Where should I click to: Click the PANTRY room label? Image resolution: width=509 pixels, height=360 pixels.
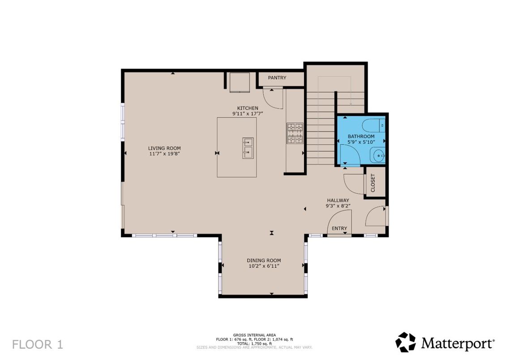(277, 78)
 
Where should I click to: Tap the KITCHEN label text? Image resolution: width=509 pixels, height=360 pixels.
(247, 108)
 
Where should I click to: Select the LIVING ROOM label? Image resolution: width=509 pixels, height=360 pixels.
(164, 148)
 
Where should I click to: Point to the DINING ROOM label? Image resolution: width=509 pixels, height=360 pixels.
(264, 260)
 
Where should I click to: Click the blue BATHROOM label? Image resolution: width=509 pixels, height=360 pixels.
(361, 137)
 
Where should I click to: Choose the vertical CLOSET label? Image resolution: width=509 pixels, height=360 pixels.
(373, 183)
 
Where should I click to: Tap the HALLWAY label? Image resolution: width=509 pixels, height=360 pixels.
(338, 201)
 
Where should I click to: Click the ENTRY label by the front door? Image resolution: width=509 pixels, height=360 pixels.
(339, 228)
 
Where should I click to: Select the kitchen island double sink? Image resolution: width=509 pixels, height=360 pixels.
(248, 148)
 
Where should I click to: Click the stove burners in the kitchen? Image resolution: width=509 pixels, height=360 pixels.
(295, 133)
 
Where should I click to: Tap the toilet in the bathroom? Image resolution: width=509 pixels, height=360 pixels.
(373, 125)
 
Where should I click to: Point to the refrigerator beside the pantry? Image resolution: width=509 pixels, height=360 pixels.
(240, 82)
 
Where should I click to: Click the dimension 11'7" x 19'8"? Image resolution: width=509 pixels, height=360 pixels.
(164, 154)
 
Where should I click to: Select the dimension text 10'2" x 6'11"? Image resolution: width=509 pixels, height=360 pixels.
(264, 266)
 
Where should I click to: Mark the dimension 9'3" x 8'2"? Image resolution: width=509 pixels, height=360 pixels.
(338, 206)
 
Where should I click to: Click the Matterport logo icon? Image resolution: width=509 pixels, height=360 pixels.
(406, 343)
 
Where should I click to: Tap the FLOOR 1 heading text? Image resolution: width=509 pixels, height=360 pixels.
(37, 344)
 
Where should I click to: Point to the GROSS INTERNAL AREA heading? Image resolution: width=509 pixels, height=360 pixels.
(254, 335)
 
